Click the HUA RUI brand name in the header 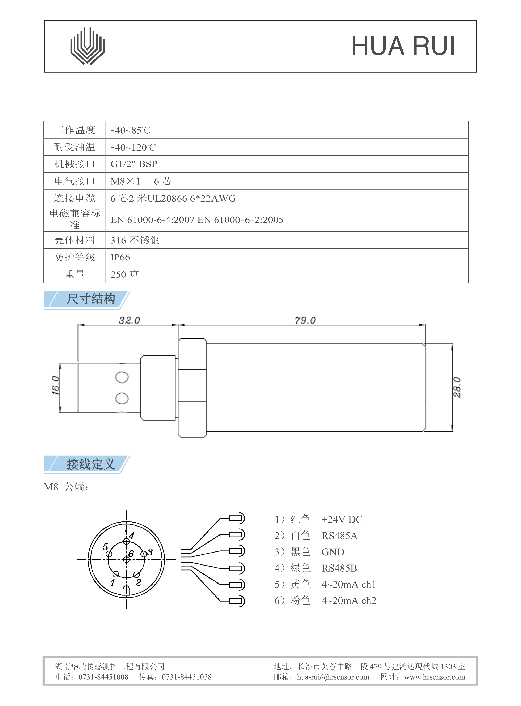[403, 46]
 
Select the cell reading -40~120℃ [133, 147]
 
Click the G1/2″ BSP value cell [134, 164]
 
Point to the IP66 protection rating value [120, 257]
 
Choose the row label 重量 [75, 274]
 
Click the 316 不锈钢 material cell [135, 240]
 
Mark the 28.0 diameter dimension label [457, 387]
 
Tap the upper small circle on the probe [122, 377]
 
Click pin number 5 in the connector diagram [105, 547]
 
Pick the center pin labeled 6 [126, 559]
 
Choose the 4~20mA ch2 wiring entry [348, 601]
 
